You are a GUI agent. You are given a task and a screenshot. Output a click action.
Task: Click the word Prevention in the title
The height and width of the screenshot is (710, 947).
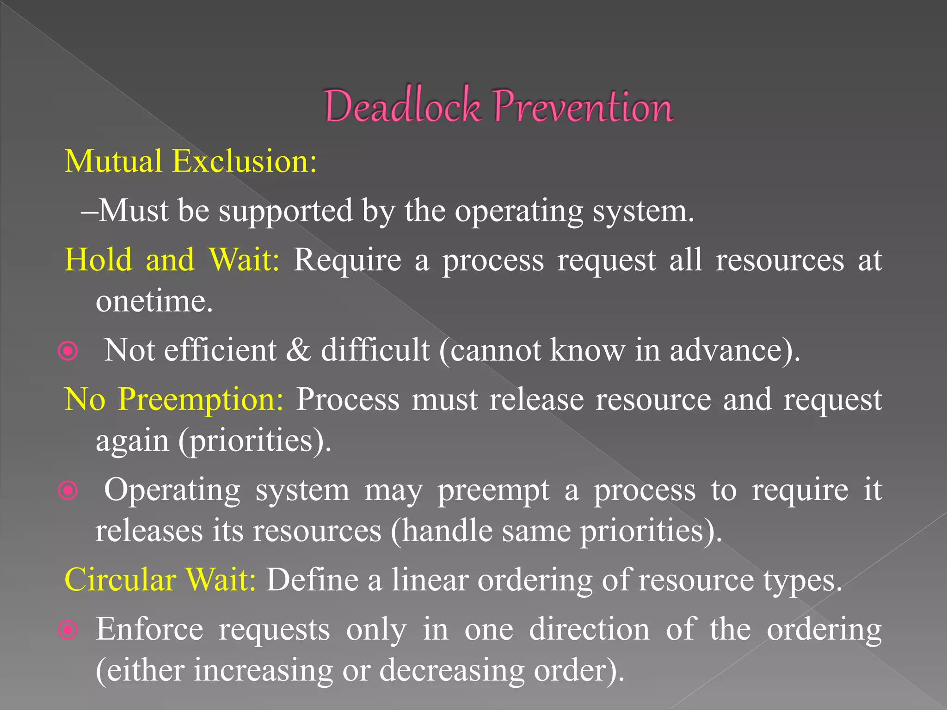tap(583, 106)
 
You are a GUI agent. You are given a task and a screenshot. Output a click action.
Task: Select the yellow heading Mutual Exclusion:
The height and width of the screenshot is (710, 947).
tap(191, 161)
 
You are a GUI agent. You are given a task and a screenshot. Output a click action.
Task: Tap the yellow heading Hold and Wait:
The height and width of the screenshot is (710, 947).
tap(172, 259)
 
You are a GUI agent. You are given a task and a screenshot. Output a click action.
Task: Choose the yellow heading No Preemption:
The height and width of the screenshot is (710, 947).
tap(174, 399)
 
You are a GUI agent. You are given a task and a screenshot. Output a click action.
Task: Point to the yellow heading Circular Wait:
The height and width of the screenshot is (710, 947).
tap(160, 579)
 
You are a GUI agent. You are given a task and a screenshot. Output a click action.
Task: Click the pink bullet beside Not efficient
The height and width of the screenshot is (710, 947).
tap(68, 352)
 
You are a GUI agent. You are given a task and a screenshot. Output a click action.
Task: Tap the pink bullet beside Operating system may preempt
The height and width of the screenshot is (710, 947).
tap(68, 490)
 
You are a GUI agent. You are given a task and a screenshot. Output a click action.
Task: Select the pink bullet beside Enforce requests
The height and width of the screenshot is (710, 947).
tap(68, 630)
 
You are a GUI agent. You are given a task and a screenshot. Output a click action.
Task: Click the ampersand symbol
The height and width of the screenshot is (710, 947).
tap(298, 350)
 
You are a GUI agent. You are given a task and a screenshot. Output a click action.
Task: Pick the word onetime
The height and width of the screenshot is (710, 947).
tap(154, 301)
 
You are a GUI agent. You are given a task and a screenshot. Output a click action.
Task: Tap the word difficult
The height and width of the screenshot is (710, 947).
tap(375, 350)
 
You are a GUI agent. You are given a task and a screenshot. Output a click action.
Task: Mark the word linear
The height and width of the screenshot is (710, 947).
tap(430, 580)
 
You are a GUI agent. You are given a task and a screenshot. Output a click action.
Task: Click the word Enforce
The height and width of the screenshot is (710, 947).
tap(149, 629)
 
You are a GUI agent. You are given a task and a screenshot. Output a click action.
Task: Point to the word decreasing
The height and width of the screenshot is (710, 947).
tap(452, 670)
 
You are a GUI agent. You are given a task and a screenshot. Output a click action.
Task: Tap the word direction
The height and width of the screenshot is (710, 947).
tap(590, 629)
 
